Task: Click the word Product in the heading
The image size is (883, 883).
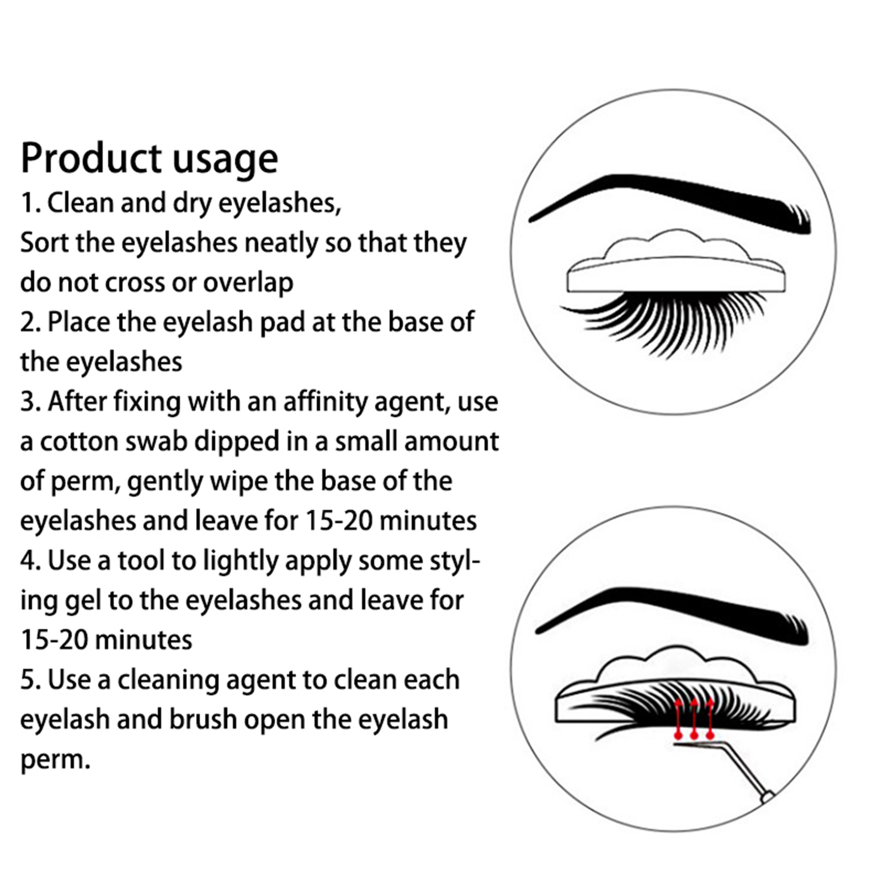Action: [x=91, y=158]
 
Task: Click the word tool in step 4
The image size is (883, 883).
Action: [x=141, y=561]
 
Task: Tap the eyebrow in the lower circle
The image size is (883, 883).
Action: [x=672, y=614]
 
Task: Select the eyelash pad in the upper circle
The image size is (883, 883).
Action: [x=676, y=263]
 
